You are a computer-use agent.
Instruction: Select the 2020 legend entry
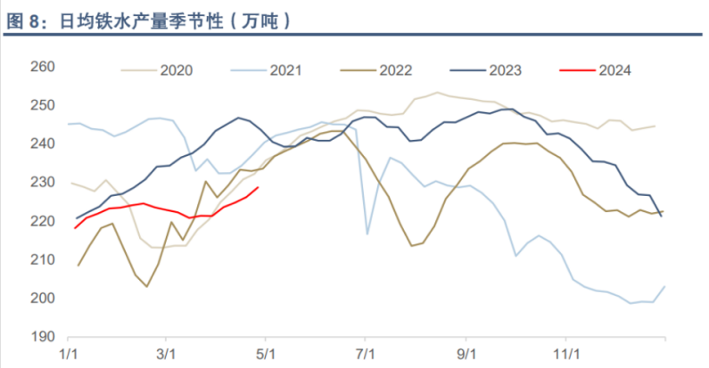pos(177,69)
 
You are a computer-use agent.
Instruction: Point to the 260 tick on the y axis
pos(43,67)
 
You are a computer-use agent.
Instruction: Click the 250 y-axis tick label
pos(43,106)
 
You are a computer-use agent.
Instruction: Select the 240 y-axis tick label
pos(43,144)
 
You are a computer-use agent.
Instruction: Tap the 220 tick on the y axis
pos(43,222)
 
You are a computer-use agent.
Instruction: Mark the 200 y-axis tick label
pos(43,298)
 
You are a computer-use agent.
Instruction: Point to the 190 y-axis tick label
pos(43,337)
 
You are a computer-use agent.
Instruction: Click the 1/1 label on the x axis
pos(68,355)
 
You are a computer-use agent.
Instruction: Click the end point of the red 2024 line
pos(258,187)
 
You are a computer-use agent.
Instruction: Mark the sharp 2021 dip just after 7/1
pos(367,233)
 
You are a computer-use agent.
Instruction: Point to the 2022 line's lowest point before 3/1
pos(146,286)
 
